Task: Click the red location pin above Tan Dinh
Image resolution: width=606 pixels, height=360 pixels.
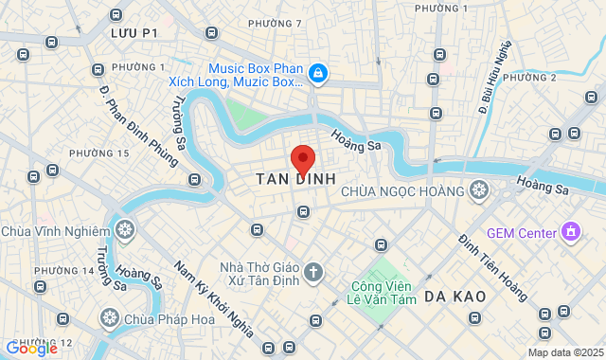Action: tap(302, 158)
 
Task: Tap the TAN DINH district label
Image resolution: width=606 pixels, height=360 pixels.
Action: tap(296, 178)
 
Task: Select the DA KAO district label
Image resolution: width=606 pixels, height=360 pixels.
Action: tap(454, 297)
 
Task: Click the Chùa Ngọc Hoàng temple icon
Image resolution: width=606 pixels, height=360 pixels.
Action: tap(479, 191)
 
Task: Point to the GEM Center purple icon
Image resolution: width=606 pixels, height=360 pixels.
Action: tap(570, 231)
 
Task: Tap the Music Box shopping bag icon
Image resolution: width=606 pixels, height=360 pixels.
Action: tap(318, 74)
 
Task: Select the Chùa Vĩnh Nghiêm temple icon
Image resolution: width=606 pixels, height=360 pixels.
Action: tap(124, 229)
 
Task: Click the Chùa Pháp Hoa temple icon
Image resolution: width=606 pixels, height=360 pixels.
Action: tap(110, 317)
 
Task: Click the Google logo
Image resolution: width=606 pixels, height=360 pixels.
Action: tap(30, 348)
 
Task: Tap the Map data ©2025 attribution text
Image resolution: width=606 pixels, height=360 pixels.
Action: tap(564, 352)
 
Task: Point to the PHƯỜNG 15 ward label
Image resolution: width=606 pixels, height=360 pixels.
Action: tap(99, 153)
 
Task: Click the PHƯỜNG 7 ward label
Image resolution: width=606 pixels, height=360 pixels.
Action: tap(275, 23)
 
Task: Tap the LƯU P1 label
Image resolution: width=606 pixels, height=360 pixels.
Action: tap(134, 32)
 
